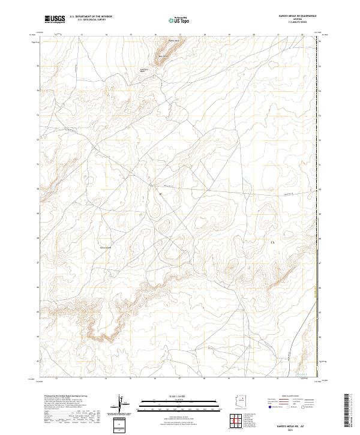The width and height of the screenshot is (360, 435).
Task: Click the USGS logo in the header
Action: tap(55, 19)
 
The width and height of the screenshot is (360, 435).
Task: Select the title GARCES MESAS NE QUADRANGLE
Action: tap(288, 16)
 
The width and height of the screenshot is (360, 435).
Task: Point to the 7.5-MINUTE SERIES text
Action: tap(288, 23)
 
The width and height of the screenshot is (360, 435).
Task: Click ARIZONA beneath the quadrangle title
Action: tap(288, 19)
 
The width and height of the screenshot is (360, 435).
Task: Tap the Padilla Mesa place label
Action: tap(173, 41)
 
